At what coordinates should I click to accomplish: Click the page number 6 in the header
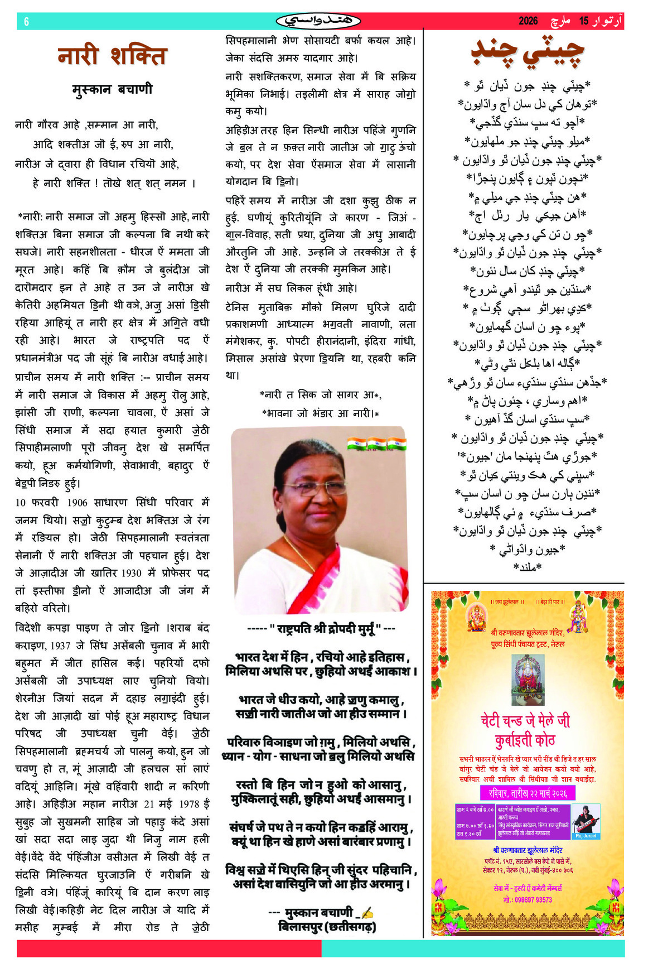coord(26,22)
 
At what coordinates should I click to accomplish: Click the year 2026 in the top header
coord(528,21)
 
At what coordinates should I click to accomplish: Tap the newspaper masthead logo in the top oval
coord(318,21)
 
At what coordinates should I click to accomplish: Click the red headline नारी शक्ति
coord(112,56)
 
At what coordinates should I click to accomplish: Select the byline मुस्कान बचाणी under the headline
coord(112,89)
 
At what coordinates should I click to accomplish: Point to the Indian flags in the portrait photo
coord(376,444)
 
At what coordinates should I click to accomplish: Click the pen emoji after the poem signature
coord(367,913)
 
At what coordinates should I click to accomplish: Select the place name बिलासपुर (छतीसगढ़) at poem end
coord(327,927)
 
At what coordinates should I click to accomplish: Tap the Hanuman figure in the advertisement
coord(578,616)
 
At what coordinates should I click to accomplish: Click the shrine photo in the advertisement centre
coord(528,680)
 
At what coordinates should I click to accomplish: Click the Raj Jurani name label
coord(586,836)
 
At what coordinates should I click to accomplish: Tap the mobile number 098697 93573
coord(528,900)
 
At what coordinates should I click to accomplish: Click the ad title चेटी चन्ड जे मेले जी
coord(525,721)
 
